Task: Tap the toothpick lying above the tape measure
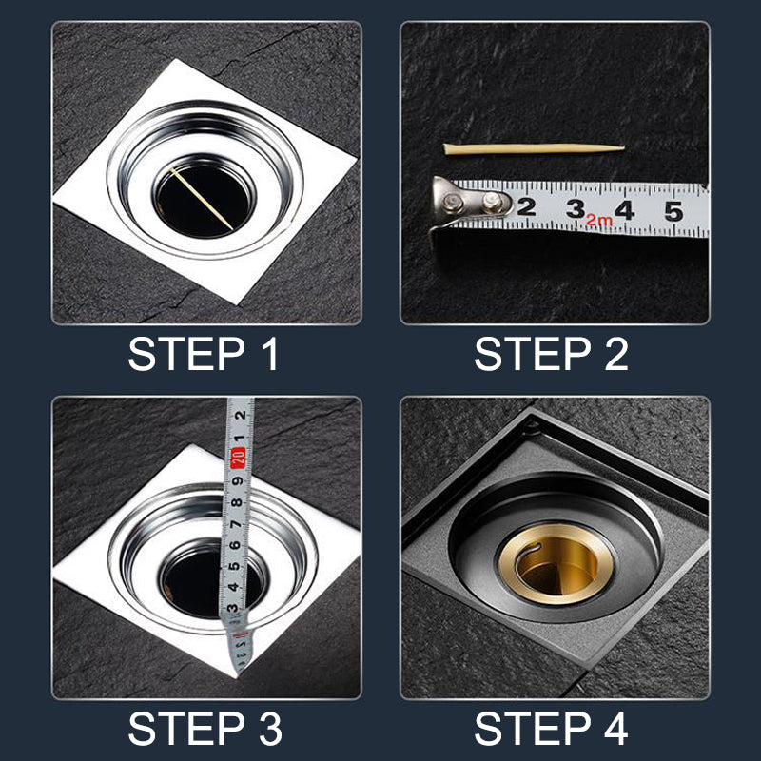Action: point(533,148)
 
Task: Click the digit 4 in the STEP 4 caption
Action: point(614,730)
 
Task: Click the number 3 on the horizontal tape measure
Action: point(575,208)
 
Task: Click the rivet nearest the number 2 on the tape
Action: point(492,202)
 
